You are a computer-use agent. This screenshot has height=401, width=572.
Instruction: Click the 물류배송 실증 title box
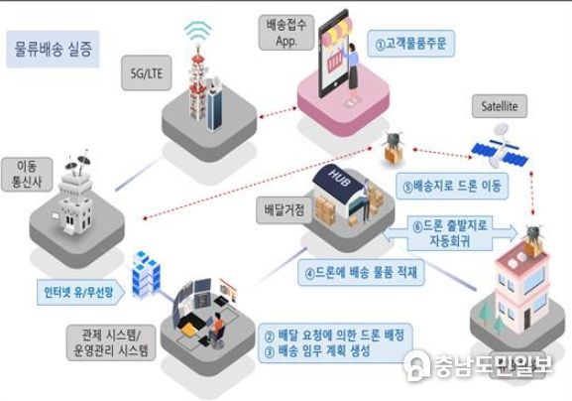click(53, 49)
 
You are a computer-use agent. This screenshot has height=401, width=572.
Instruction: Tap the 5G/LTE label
click(147, 73)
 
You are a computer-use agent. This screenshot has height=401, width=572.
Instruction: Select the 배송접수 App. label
click(286, 33)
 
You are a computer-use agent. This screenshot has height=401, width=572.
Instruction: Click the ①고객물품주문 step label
click(410, 44)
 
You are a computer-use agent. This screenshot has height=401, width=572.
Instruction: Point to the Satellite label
click(500, 106)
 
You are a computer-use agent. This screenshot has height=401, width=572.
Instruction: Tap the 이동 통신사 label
click(27, 175)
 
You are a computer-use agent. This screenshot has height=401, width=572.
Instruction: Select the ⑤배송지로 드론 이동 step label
click(452, 186)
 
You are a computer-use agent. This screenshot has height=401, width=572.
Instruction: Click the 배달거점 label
click(285, 210)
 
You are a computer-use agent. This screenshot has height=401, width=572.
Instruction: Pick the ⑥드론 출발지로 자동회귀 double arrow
click(451, 232)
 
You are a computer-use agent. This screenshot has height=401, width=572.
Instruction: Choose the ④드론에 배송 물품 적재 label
click(361, 272)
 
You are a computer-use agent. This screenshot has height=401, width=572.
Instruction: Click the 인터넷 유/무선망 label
click(80, 292)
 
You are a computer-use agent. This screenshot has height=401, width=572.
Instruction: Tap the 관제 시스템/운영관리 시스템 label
click(111, 342)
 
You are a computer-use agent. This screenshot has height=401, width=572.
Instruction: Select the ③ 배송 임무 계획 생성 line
click(317, 351)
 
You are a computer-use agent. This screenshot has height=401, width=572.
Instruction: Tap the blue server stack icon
click(146, 273)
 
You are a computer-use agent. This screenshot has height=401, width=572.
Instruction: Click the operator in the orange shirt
click(216, 329)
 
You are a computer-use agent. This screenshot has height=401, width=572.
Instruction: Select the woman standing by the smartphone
click(352, 72)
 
